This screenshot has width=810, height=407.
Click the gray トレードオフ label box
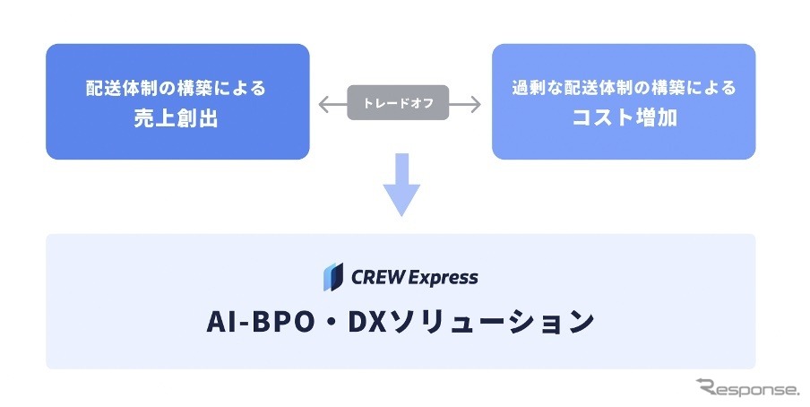coord(400,103)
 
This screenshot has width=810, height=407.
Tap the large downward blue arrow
coord(401,185)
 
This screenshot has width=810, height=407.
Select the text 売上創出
coord(177,118)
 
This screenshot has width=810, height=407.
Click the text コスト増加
coord(623,118)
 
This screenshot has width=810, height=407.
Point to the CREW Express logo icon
coord(333,277)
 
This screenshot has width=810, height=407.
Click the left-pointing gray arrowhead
coord(324,104)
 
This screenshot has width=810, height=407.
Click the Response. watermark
coord(747,388)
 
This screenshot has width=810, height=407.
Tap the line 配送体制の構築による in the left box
coord(177,89)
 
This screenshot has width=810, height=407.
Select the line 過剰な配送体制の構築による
coord(623,89)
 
